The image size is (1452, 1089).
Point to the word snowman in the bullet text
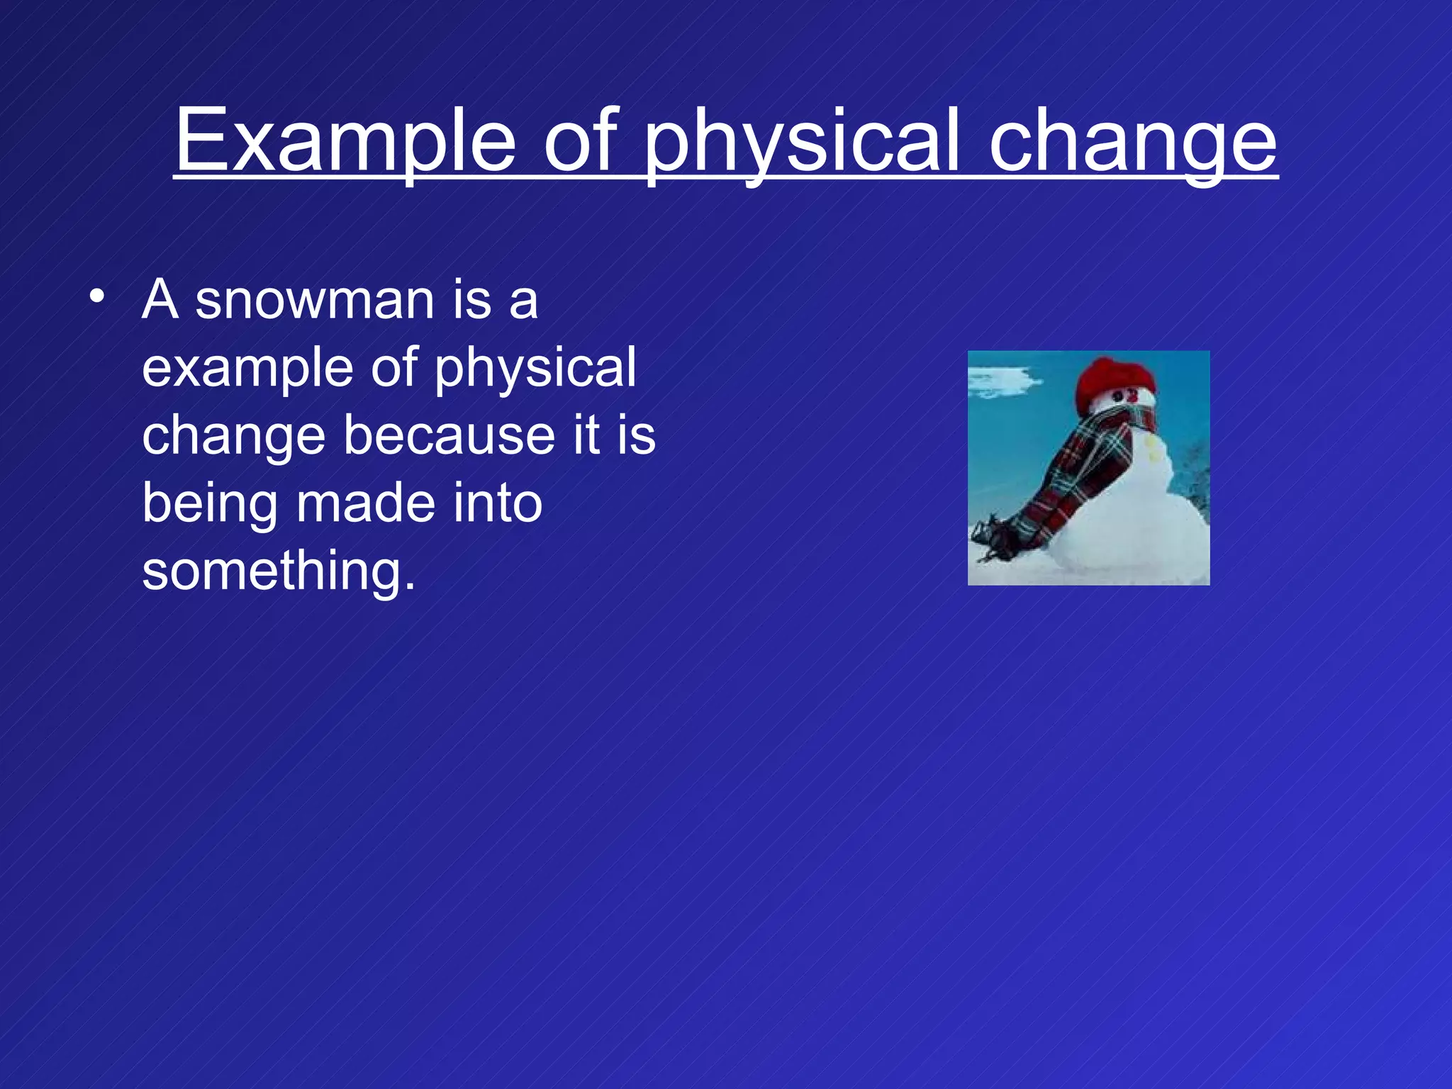[315, 301]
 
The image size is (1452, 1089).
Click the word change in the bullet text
[233, 437]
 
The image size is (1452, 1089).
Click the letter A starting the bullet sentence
[160, 299]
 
